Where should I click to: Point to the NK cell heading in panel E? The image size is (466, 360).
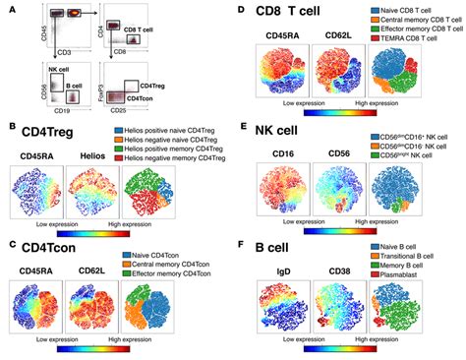click(x=287, y=130)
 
